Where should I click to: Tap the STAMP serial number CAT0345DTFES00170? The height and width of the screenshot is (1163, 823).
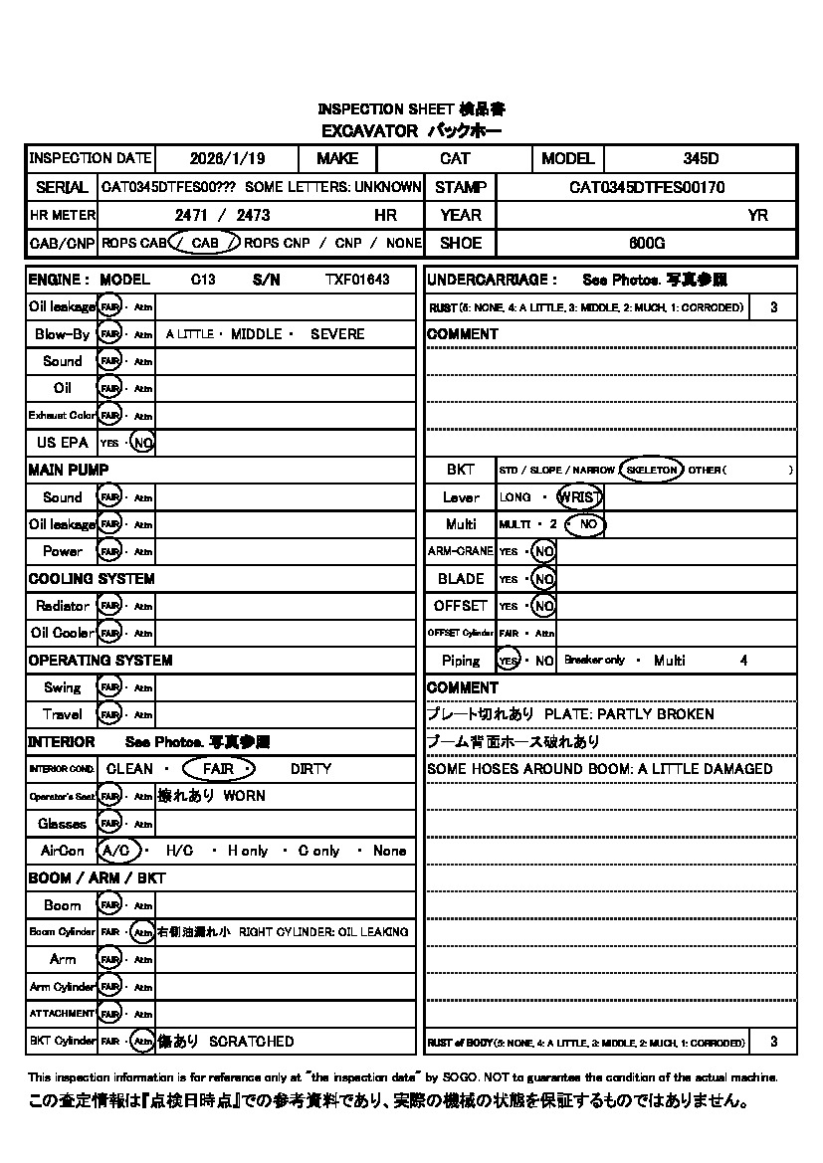click(x=647, y=187)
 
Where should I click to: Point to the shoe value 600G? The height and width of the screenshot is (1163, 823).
click(x=647, y=243)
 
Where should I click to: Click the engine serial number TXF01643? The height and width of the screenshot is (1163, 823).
click(x=357, y=281)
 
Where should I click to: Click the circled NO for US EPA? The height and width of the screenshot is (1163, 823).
click(x=142, y=443)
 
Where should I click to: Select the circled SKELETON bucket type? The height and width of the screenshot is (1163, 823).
click(x=651, y=470)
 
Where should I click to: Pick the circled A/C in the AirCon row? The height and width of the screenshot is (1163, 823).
click(x=116, y=851)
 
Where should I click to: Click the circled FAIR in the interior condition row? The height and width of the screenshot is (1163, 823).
click(x=218, y=769)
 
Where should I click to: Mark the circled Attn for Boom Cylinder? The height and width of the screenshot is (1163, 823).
click(x=143, y=932)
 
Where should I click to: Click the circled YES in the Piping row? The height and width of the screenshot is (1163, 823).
click(x=509, y=661)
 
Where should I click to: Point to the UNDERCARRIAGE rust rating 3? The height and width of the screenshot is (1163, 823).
click(x=774, y=307)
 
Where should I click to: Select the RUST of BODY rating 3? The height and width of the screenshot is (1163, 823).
click(x=774, y=1043)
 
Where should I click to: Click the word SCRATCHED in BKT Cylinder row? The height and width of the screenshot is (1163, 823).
click(x=252, y=1042)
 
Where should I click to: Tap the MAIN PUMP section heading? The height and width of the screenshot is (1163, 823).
click(x=69, y=470)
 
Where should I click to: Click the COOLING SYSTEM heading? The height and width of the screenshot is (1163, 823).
click(x=92, y=579)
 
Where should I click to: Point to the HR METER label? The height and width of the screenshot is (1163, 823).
click(x=62, y=215)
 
